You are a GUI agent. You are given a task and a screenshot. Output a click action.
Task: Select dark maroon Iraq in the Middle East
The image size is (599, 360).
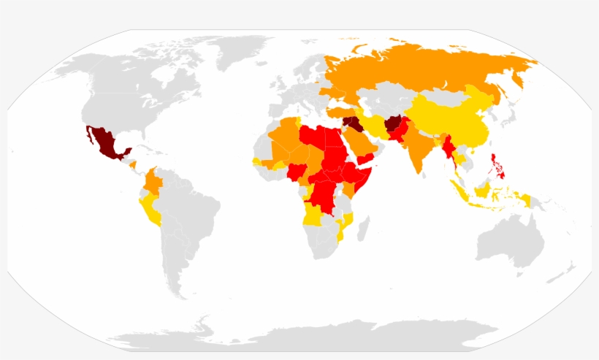(x=353, y=123)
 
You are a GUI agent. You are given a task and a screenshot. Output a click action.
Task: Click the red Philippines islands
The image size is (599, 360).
(x=499, y=164)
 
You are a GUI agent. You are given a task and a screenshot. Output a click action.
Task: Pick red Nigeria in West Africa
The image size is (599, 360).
(x=297, y=173)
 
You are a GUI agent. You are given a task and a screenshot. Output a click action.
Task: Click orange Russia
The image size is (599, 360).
(x=424, y=66)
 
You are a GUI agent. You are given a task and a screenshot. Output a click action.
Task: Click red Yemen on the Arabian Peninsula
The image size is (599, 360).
(x=366, y=158)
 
